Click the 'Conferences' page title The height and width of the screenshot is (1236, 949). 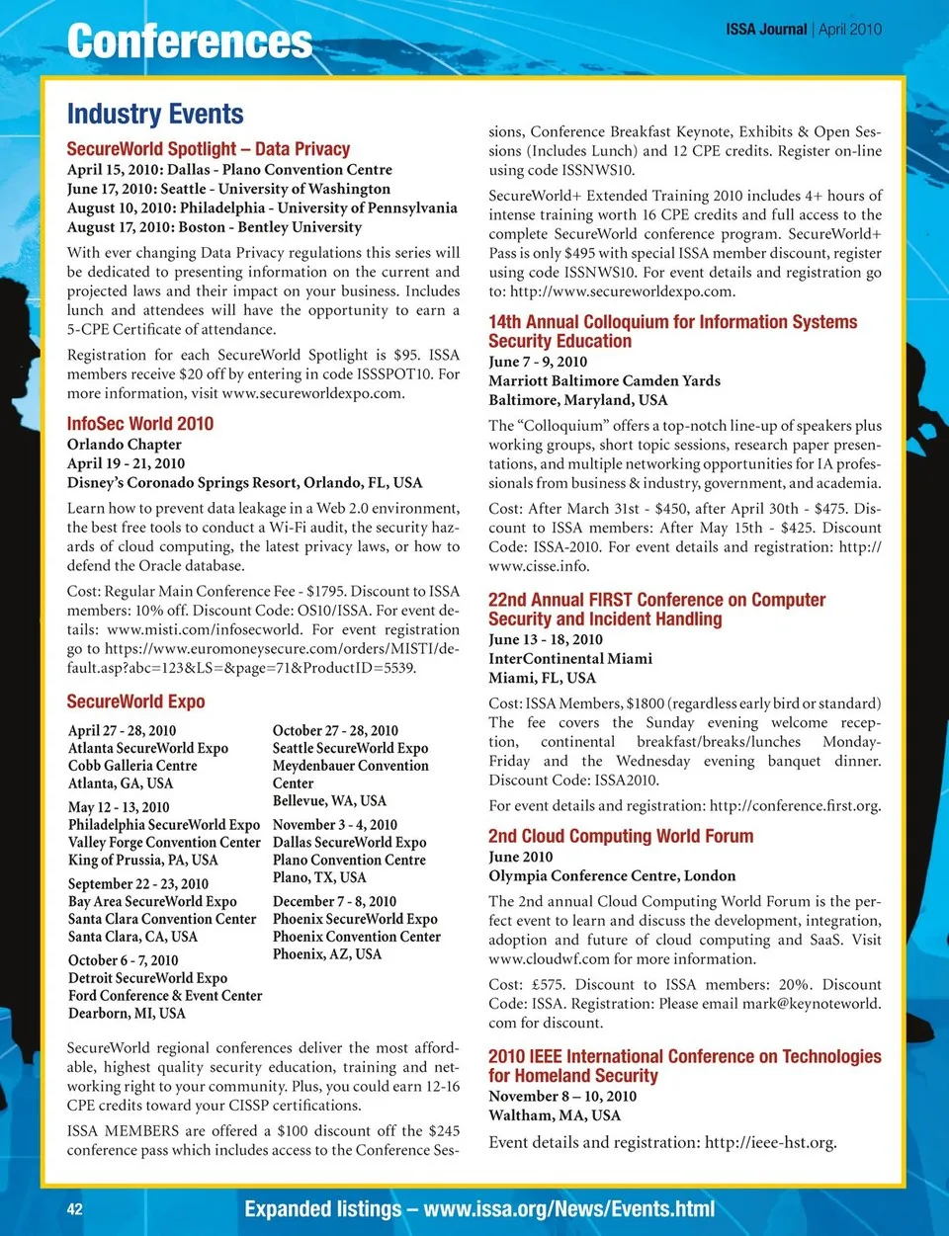(x=189, y=42)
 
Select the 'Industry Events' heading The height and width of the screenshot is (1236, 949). (x=155, y=115)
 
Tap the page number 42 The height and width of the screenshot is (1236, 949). (x=75, y=1209)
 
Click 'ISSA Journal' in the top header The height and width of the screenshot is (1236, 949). (x=766, y=30)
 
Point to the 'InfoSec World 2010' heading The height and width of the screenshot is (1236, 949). (x=140, y=424)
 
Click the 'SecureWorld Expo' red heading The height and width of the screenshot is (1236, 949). (x=135, y=701)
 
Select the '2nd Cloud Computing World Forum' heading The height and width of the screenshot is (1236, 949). (x=621, y=836)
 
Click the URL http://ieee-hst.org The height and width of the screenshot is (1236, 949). (x=770, y=1142)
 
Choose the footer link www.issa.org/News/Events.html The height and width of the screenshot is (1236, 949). (x=568, y=1209)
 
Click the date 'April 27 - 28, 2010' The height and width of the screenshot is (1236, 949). (x=123, y=731)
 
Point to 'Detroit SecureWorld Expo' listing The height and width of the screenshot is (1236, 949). (x=147, y=978)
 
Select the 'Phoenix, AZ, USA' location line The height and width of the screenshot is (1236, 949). (x=326, y=954)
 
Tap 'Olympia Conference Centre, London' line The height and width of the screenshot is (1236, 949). (x=612, y=875)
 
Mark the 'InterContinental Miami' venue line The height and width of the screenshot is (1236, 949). (x=570, y=659)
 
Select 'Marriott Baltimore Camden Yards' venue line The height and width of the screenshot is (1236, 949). (x=604, y=380)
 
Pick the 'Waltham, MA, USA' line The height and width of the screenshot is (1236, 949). (x=555, y=1115)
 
